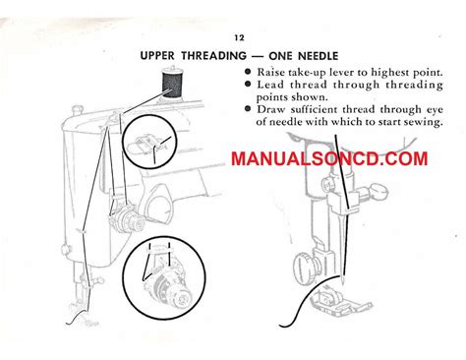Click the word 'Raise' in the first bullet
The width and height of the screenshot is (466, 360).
click(x=272, y=75)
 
